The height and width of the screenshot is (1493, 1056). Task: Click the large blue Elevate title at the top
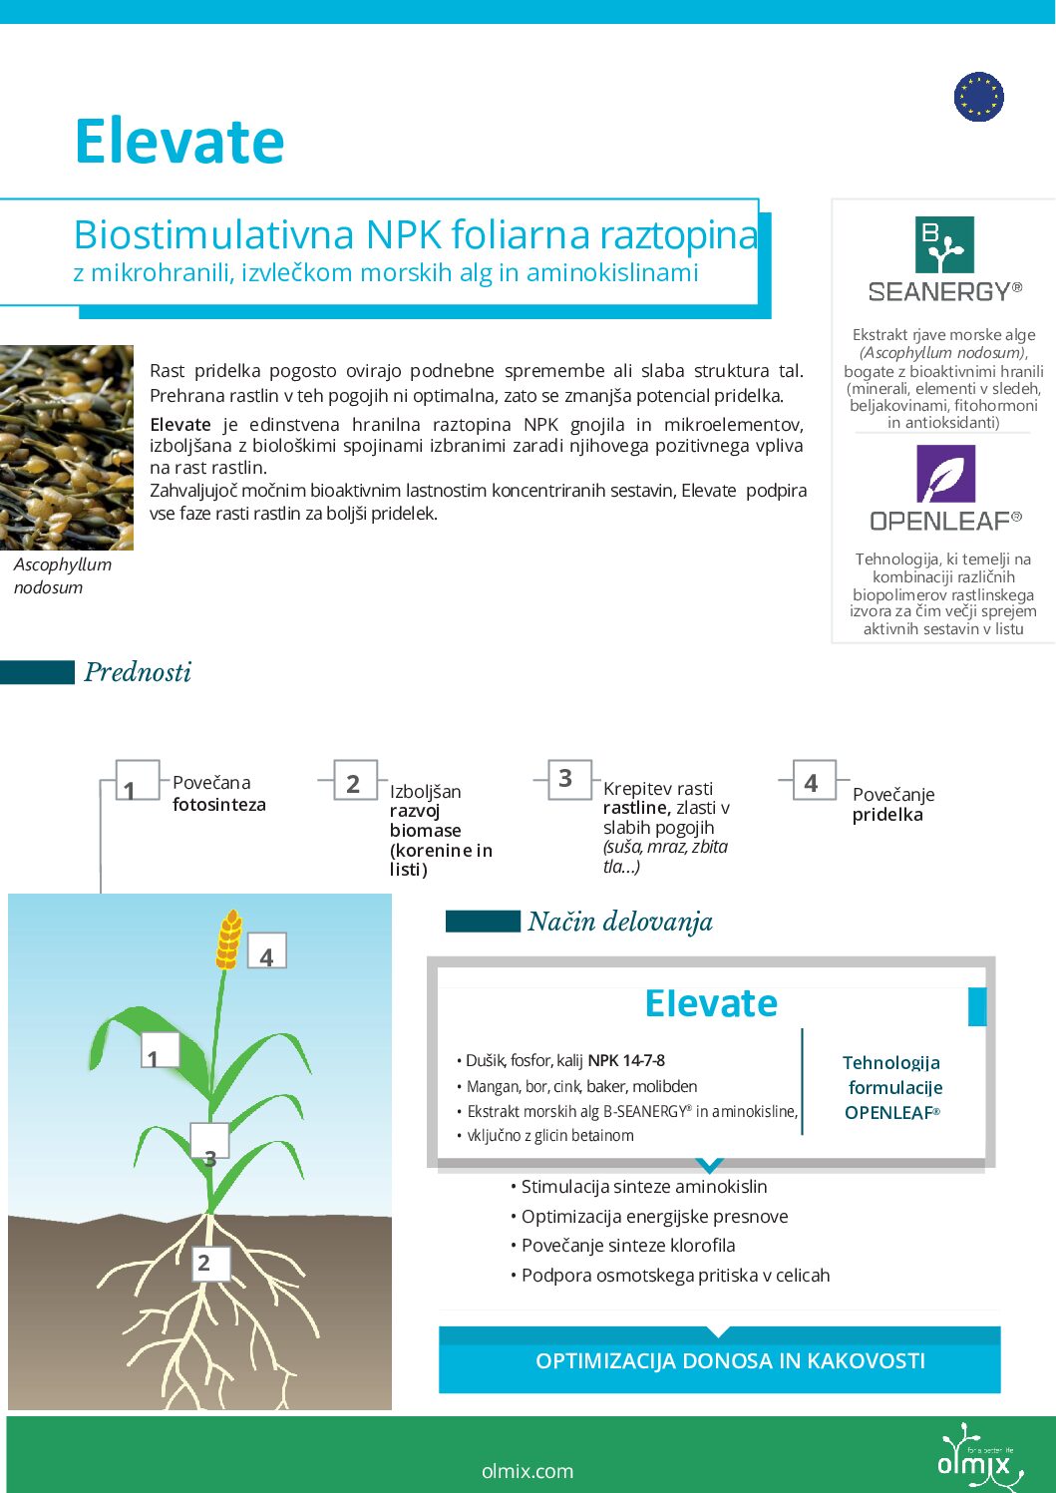(x=179, y=141)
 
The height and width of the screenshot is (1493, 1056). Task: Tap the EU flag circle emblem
(x=978, y=97)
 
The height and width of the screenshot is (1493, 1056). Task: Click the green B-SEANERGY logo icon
(x=943, y=244)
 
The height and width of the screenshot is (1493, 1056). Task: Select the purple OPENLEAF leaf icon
(x=944, y=474)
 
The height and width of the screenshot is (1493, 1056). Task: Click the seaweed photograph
(x=67, y=447)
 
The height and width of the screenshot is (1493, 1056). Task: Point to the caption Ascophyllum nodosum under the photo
(x=62, y=575)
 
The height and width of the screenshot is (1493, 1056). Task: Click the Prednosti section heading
(x=138, y=672)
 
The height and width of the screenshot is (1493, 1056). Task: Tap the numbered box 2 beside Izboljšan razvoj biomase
(x=353, y=783)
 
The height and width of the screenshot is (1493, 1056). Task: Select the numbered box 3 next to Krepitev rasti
(x=565, y=778)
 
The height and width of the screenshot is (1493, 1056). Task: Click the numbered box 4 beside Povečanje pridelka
(x=811, y=783)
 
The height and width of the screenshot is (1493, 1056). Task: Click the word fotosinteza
(x=219, y=805)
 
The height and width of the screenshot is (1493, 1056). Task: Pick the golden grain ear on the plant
(x=229, y=938)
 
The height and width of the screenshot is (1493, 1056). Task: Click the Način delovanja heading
(x=619, y=922)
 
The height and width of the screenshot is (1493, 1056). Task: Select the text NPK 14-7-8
(x=626, y=1060)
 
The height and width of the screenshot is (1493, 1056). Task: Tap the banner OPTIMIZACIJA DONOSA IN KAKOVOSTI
(x=730, y=1361)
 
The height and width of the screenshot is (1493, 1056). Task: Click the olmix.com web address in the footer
(x=527, y=1471)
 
